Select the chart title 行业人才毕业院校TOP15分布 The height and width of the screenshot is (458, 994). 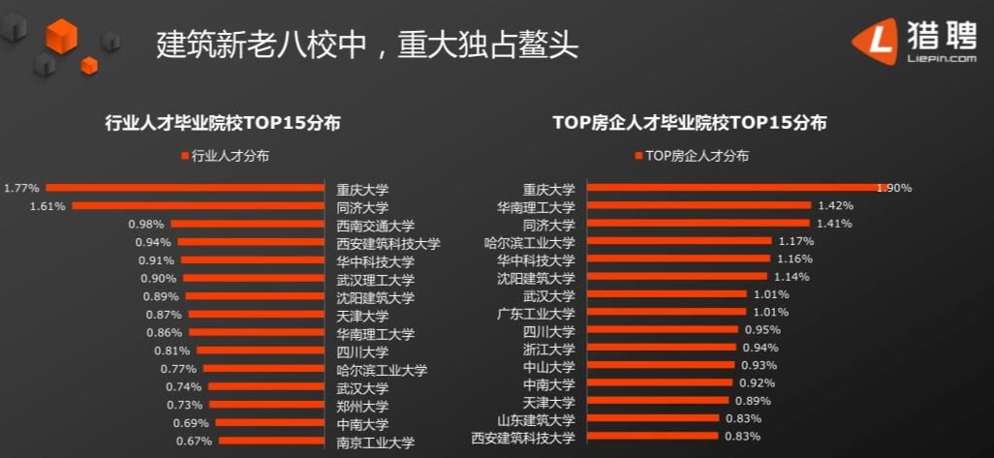click(223, 123)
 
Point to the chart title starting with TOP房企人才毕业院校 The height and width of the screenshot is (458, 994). click(689, 123)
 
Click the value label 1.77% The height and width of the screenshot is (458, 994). click(21, 188)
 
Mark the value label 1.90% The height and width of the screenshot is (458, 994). click(893, 188)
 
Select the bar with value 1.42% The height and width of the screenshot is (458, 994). click(699, 206)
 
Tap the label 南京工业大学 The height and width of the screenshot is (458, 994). click(375, 443)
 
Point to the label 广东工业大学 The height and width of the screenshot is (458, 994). click(536, 314)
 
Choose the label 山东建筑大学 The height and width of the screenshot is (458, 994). click(536, 419)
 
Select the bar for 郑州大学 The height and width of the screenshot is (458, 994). click(265, 405)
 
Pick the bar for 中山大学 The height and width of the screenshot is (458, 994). click(660, 365)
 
